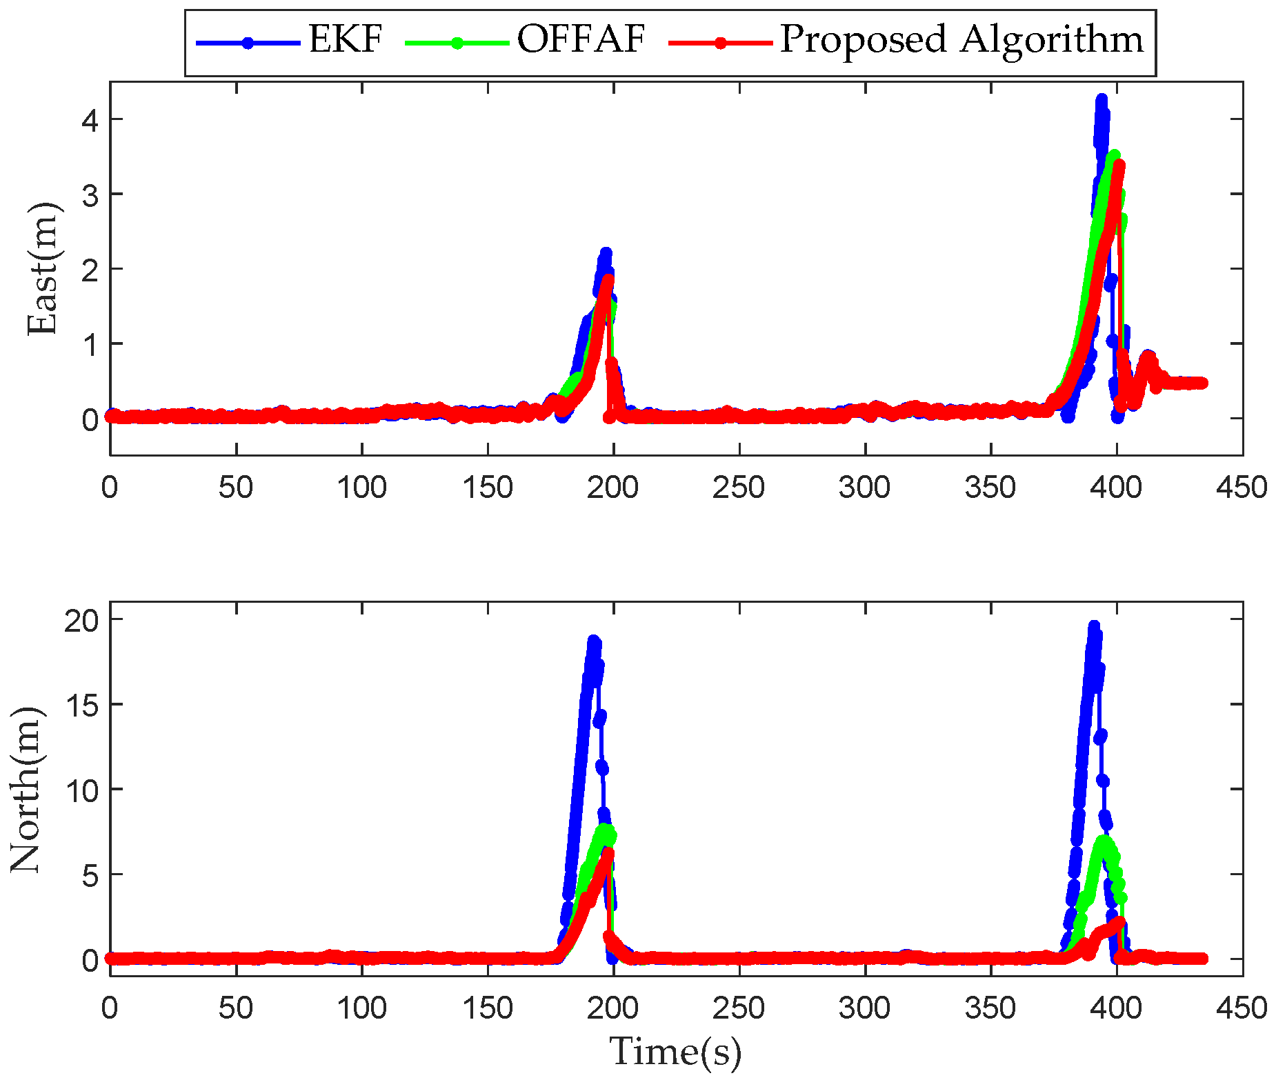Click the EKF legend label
[345, 39]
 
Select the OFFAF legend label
[581, 39]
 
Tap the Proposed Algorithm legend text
[961, 40]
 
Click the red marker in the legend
[720, 43]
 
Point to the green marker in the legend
[457, 43]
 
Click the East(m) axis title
[43, 269]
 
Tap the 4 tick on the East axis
[90, 119]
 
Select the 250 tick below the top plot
[739, 488]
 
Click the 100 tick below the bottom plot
[361, 1008]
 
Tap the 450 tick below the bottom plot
[1242, 1008]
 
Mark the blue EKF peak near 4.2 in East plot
[1101, 101]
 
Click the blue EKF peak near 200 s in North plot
[593, 641]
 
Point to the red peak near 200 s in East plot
[608, 279]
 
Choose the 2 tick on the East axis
[90, 269]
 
